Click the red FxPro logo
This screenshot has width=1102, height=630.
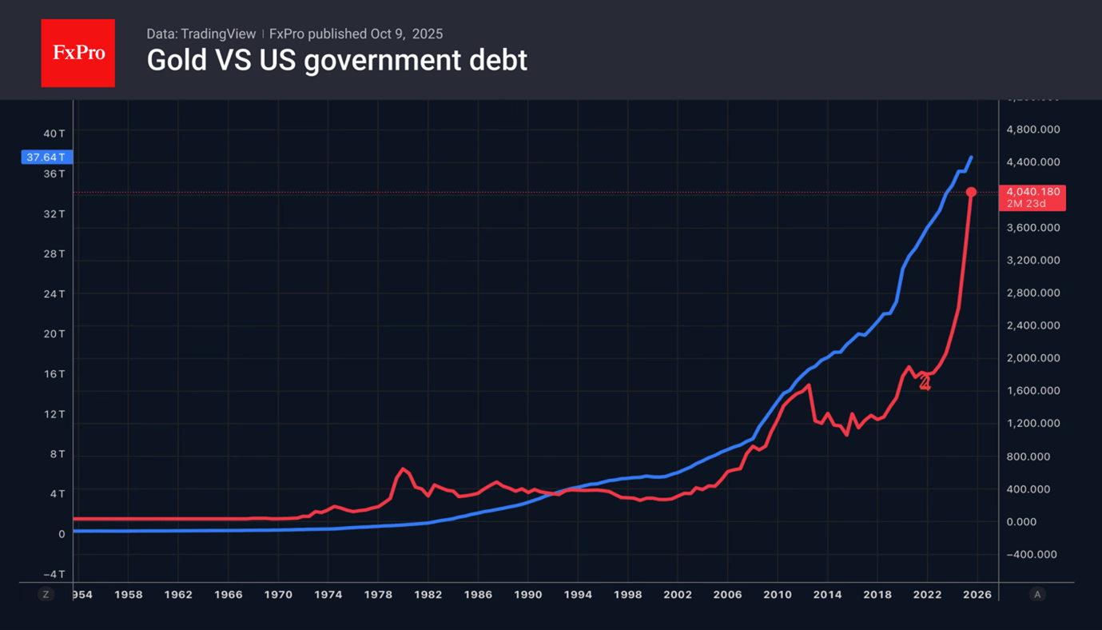[78, 54]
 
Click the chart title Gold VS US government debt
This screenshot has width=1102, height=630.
[336, 61]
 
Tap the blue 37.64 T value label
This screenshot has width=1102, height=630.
[46, 157]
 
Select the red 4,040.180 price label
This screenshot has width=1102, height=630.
[1032, 192]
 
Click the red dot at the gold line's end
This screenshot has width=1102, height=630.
[971, 193]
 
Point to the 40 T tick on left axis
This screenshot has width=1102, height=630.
[54, 134]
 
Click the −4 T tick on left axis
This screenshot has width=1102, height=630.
[53, 574]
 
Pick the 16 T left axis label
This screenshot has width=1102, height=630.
[54, 374]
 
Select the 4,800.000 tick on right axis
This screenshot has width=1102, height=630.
[1033, 130]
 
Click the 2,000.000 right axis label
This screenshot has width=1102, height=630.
[1033, 358]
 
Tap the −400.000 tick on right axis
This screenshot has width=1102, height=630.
[1032, 555]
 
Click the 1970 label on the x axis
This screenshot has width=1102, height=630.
[278, 595]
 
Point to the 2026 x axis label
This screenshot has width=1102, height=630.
[977, 595]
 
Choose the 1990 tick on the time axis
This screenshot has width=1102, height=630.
[527, 595]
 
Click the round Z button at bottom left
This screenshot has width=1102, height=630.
[46, 595]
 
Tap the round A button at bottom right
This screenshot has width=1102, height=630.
[1037, 595]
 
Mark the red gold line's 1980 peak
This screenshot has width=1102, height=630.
[402, 469]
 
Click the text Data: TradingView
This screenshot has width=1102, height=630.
[201, 34]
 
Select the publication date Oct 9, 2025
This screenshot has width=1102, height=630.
[406, 34]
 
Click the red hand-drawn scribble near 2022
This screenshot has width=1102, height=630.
[925, 383]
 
